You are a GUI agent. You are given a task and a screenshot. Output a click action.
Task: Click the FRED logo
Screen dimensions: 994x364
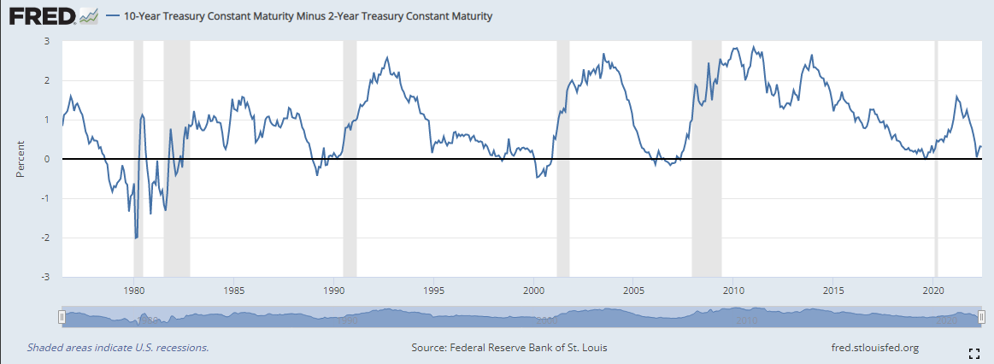coord(53,16)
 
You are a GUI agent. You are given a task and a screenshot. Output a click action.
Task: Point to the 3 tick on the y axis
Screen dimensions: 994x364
coord(47,41)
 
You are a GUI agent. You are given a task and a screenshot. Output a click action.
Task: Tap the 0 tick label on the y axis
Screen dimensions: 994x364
coord(47,159)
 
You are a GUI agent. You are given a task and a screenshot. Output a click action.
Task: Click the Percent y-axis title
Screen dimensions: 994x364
coord(21,159)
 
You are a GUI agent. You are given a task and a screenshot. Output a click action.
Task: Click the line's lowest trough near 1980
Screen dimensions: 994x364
coord(136,238)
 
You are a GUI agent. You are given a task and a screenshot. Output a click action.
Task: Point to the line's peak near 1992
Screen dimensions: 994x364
coord(387,57)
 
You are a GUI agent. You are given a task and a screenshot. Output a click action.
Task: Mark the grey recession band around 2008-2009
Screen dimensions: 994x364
coord(707,159)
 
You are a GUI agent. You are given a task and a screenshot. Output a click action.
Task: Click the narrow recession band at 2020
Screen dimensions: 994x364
coord(936,159)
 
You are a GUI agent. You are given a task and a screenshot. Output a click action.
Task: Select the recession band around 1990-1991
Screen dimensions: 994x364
coord(350,159)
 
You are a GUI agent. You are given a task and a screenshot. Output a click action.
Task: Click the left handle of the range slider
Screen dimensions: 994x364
coord(62,316)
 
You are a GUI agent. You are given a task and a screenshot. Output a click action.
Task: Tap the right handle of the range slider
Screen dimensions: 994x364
coord(981,316)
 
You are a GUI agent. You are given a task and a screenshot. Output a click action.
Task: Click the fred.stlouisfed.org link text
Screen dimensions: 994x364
coord(875,348)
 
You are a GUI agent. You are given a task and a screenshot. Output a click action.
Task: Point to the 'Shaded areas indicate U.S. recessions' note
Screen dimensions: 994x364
coord(118,348)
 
